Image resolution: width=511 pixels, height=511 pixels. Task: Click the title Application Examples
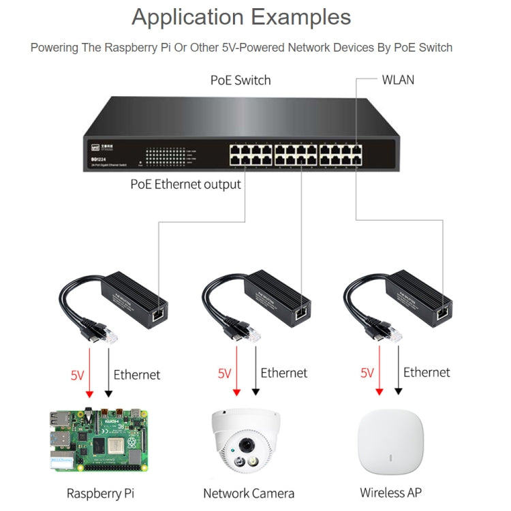[241, 17]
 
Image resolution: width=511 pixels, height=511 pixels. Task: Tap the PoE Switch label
[241, 80]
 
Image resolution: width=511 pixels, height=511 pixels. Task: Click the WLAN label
[398, 80]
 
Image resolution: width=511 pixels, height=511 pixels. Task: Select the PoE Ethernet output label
[186, 184]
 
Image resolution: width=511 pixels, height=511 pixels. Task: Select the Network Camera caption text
[249, 493]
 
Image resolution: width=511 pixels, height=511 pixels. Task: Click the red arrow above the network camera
[236, 371]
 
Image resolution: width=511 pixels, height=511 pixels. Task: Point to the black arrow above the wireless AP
[398, 371]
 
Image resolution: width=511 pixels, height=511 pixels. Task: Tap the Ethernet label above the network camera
[283, 373]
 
